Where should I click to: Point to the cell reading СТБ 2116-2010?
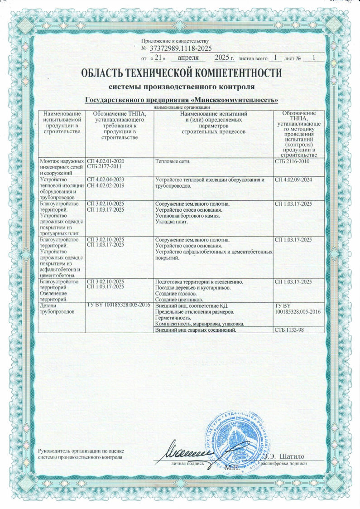click(292, 161)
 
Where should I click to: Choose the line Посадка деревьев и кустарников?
click(193, 288)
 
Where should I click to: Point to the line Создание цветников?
click(179, 300)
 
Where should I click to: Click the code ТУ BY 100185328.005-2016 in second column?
click(118, 306)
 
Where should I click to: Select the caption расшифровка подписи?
click(286, 464)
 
